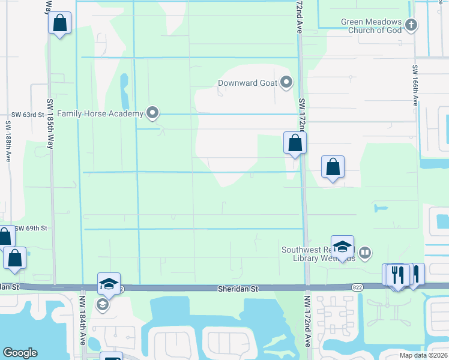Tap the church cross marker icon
coord(411,25)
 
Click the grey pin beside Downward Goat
coord(286,82)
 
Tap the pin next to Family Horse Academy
coord(152,112)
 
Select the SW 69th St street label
coord(31,229)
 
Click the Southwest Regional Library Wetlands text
coord(319,254)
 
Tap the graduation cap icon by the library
coord(342,246)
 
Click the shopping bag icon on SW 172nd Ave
coord(295,143)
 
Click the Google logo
coord(20,353)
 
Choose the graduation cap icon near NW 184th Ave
coord(109,283)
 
